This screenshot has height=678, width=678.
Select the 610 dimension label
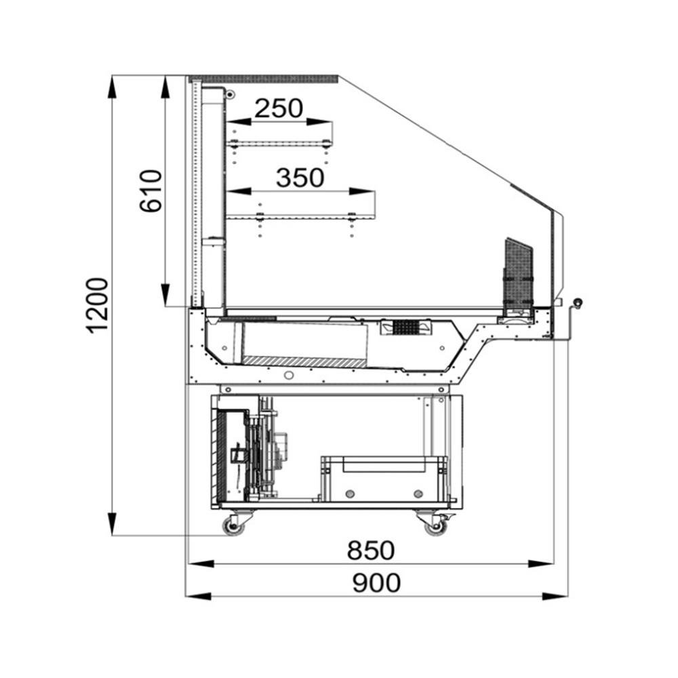[151, 191]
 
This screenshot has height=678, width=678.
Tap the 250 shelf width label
[279, 108]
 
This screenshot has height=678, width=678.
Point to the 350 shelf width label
[300, 178]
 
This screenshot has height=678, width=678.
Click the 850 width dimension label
[371, 551]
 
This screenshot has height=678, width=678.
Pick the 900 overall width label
[376, 583]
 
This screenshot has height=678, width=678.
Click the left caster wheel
[233, 527]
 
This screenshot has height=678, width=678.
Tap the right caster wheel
[435, 527]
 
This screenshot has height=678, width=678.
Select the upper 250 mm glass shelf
[280, 143]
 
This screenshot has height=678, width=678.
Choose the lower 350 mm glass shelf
[301, 215]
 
